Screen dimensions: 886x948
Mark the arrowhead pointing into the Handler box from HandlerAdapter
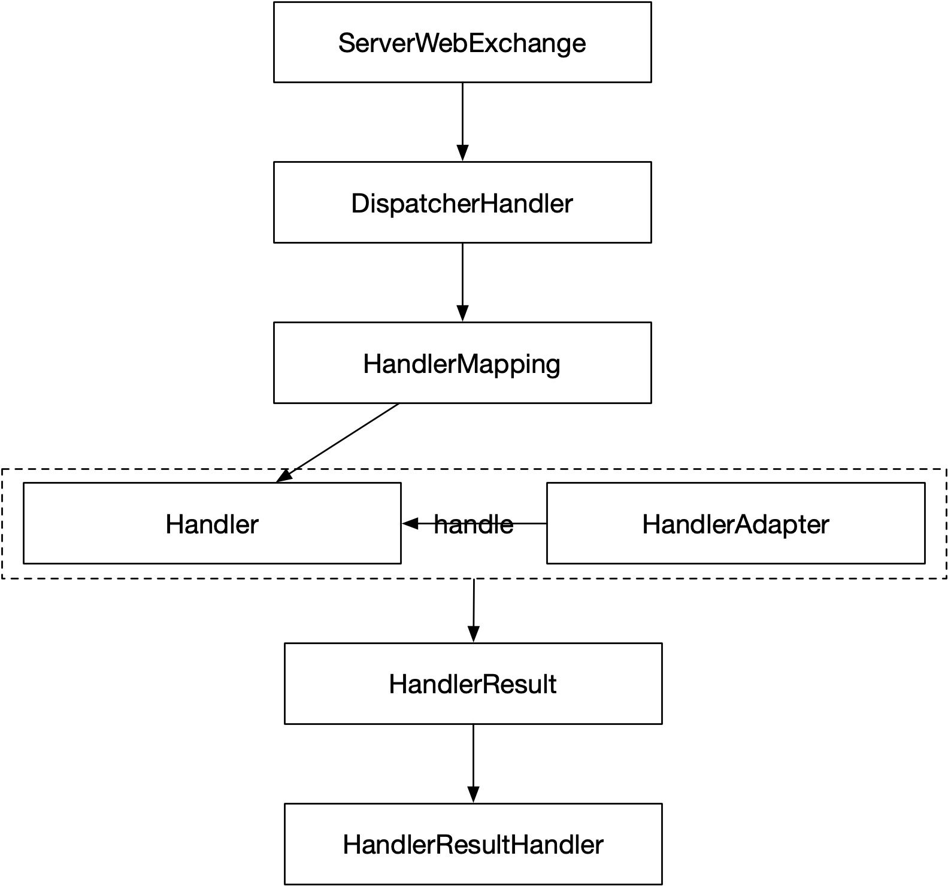pyautogui.click(x=410, y=524)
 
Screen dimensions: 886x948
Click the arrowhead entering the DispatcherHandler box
pyautogui.click(x=462, y=154)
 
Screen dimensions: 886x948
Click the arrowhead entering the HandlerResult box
pyautogui.click(x=473, y=635)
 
